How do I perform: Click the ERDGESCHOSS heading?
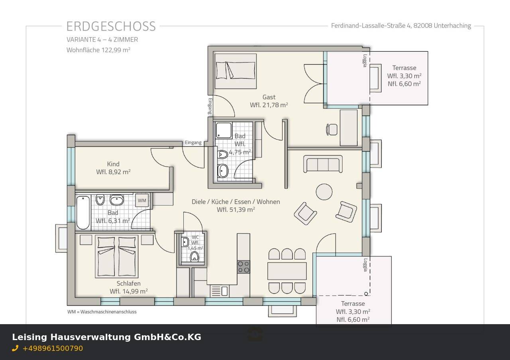click(111, 26)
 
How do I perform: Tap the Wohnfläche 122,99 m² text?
click(98, 50)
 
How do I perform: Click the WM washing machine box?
click(142, 200)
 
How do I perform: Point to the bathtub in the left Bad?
click(83, 213)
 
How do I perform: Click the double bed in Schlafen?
click(116, 256)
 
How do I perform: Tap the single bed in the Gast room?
click(235, 71)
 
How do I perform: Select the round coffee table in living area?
click(324, 192)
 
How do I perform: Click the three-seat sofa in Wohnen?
click(323, 164)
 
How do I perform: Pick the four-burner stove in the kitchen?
click(243, 267)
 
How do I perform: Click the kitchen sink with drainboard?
click(219, 291)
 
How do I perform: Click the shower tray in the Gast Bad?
click(224, 130)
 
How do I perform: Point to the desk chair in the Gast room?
click(331, 129)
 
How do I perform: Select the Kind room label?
click(113, 164)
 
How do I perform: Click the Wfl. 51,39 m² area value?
click(236, 209)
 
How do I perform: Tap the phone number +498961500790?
click(53, 348)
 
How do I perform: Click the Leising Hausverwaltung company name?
click(106, 337)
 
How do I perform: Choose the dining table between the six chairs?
click(287, 271)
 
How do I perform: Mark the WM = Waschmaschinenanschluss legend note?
click(102, 312)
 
